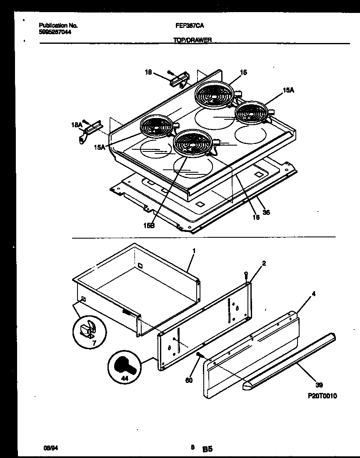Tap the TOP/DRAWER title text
point(192,40)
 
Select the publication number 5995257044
point(55,32)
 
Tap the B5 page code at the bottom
point(207,449)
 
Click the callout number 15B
point(149,225)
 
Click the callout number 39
point(319,385)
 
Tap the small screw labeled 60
point(199,355)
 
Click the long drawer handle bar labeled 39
point(292,362)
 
